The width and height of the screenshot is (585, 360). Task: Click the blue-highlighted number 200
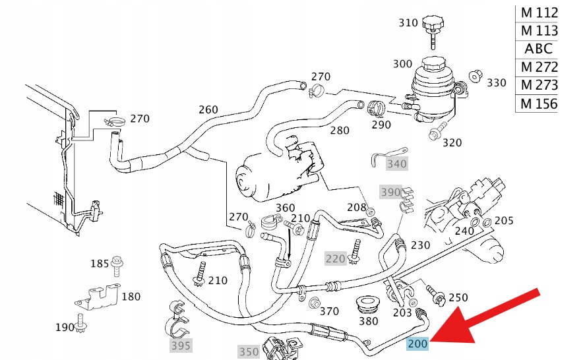pyautogui.click(x=417, y=344)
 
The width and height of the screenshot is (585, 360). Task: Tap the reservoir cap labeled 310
pyautogui.click(x=432, y=27)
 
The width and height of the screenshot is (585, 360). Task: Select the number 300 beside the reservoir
pyautogui.click(x=402, y=64)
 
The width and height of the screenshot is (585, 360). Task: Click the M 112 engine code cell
pyautogui.click(x=538, y=13)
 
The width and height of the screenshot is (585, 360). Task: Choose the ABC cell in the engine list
pyautogui.click(x=538, y=49)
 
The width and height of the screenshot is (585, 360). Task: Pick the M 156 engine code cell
pyautogui.click(x=538, y=104)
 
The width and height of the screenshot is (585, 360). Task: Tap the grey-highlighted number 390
pyautogui.click(x=390, y=192)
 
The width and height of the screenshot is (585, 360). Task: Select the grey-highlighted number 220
pyautogui.click(x=335, y=258)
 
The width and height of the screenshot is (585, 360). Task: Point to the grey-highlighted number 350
pyautogui.click(x=249, y=351)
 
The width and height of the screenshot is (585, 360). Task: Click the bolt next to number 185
pyautogui.click(x=118, y=264)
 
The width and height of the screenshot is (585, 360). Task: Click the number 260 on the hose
pyautogui.click(x=208, y=109)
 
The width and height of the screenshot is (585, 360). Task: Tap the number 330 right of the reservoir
pyautogui.click(x=497, y=82)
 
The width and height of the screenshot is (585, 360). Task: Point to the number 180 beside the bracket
pyautogui.click(x=131, y=297)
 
